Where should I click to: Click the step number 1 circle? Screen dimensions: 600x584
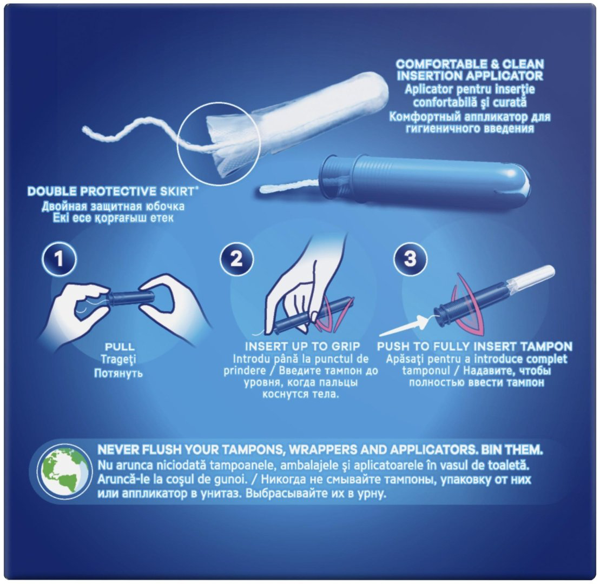tap(58, 259)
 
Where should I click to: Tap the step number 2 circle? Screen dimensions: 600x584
tap(236, 259)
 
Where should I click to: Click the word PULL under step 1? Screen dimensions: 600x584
tap(120, 347)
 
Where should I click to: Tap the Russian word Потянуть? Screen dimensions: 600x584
tap(118, 373)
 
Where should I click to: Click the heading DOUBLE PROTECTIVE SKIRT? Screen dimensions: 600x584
tap(111, 191)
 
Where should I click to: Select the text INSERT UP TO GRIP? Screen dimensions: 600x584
tap(302, 347)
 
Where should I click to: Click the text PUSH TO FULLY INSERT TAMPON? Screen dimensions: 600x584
tap(474, 347)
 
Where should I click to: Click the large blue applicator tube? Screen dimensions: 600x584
tap(425, 179)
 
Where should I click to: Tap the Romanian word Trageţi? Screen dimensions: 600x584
tap(118, 360)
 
